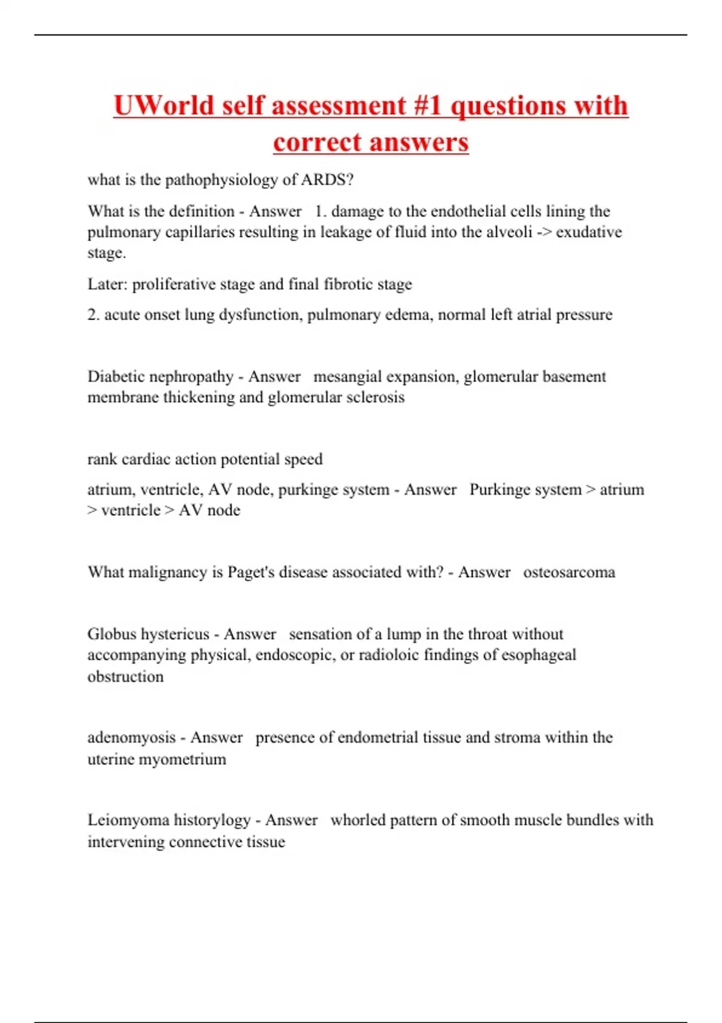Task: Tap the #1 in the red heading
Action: tap(428, 106)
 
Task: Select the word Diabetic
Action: tap(116, 377)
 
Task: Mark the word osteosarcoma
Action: tap(569, 572)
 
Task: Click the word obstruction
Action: tap(126, 676)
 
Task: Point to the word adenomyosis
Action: tap(131, 738)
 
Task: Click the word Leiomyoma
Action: tap(128, 820)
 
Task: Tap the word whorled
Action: tap(357, 820)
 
